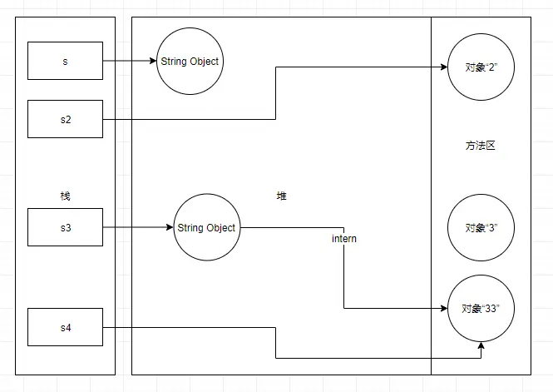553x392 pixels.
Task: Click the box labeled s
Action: [65, 62]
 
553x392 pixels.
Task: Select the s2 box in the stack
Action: [65, 119]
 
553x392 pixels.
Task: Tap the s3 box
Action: [65, 228]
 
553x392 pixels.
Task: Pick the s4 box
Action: [65, 327]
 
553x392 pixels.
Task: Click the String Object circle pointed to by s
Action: [189, 62]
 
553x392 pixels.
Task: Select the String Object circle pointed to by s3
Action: [206, 228]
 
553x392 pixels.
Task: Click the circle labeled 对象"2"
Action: [480, 67]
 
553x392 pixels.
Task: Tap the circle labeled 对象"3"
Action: [480, 227]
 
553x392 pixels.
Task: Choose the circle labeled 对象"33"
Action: [480, 308]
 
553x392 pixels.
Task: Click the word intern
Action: [344, 240]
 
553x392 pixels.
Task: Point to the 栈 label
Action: [66, 196]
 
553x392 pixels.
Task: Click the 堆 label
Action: [281, 196]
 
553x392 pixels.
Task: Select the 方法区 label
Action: [480, 146]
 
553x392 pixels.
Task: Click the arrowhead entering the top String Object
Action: [153, 62]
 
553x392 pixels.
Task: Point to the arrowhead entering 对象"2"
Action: [444, 67]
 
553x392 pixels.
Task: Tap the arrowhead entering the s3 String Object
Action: [170, 228]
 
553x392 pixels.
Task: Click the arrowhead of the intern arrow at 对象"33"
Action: [444, 308]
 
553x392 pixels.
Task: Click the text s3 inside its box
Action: [65, 228]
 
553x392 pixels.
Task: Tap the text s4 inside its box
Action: [65, 327]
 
